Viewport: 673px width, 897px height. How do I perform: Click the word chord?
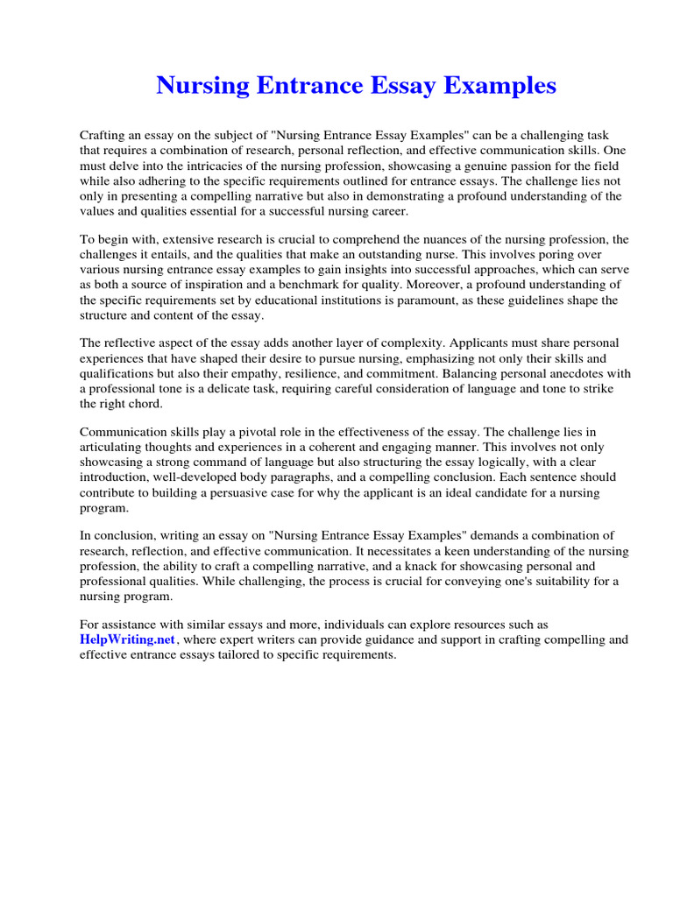click(145, 404)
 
